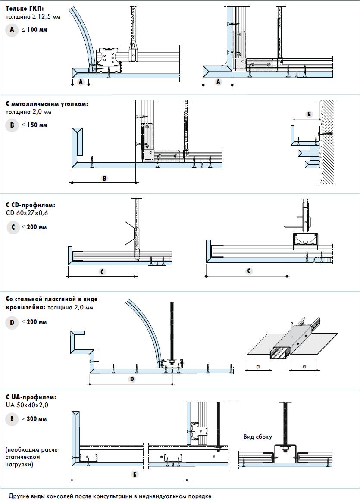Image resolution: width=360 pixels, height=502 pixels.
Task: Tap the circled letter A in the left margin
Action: point(13,30)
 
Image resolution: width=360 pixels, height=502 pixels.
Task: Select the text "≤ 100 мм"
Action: point(34,31)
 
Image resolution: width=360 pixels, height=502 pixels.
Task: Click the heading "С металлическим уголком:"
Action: point(47,104)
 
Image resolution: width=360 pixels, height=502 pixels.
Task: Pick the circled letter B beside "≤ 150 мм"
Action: point(13,125)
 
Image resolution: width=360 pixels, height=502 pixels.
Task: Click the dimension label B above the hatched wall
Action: point(309,114)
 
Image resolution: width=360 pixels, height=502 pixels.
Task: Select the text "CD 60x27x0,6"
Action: point(27,212)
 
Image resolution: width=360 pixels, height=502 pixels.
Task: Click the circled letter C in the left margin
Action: point(13,227)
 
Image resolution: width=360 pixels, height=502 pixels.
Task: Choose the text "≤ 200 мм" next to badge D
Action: point(34,322)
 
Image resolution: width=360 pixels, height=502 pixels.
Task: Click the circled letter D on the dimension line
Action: point(132,379)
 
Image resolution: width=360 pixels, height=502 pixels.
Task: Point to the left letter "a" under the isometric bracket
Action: point(258,366)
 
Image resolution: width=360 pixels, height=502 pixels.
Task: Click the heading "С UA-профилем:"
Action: point(31,397)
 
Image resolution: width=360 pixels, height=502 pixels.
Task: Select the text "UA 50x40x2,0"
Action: point(27,405)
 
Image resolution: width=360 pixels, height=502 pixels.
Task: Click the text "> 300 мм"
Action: point(34,419)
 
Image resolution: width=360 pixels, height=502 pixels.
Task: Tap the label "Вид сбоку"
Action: point(258,437)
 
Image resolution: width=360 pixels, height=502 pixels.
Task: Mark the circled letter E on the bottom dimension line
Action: point(135,474)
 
